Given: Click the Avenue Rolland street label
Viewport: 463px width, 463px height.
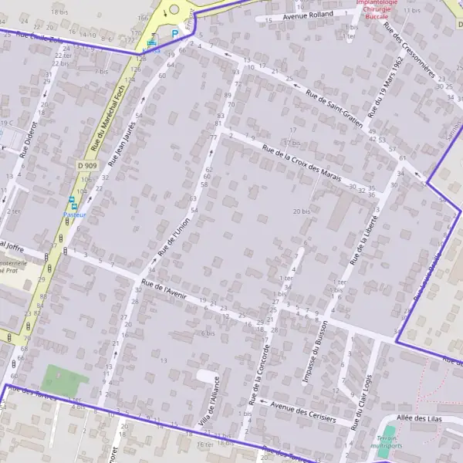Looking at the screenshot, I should click(308, 14).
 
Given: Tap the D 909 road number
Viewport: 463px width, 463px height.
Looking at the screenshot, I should click(87, 165).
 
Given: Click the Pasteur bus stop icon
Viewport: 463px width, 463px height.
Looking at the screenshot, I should click(73, 201).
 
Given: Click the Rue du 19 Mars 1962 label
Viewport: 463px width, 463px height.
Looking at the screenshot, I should click(387, 86).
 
